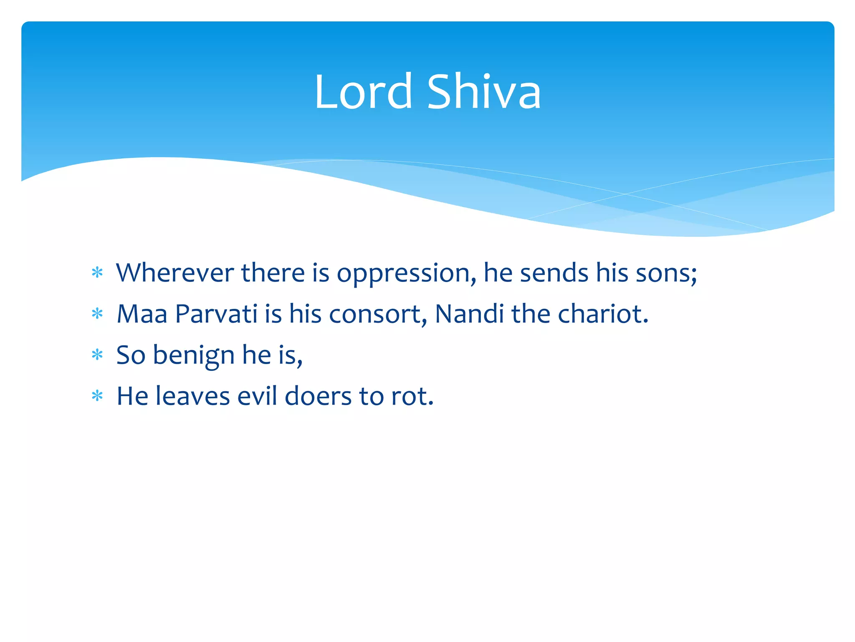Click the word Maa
pos(142,313)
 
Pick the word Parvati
pos(216,313)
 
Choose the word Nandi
pos(469,313)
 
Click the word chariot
pos(602,313)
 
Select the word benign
pos(193,356)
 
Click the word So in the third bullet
pos(131,355)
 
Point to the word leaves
pos(192,396)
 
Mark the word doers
pos(318,396)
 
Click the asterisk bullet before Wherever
pos(97,273)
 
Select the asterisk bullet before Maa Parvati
pos(97,313)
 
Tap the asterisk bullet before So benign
pos(97,355)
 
